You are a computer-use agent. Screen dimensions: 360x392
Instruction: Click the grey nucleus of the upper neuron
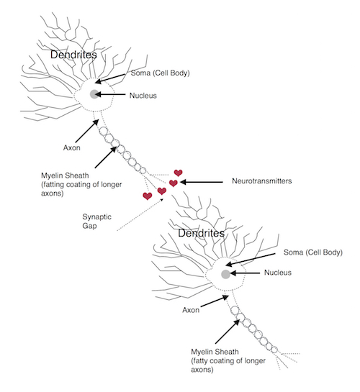click(94, 94)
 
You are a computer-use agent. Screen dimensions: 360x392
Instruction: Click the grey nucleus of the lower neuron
click(225, 274)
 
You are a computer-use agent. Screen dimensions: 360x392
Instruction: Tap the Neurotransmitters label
click(261, 181)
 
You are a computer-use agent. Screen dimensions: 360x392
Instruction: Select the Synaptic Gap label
click(96, 222)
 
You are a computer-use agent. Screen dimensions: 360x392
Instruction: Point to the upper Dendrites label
click(73, 55)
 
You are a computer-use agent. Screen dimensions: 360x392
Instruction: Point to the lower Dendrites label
click(201, 233)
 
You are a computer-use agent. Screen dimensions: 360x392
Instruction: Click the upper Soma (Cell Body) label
click(160, 73)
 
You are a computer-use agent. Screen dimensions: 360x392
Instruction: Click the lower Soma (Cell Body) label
click(313, 252)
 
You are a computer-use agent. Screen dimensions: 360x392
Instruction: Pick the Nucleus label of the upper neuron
click(143, 96)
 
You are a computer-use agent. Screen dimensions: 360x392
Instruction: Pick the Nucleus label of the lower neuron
click(278, 273)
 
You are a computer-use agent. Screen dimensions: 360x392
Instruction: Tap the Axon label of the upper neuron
click(72, 147)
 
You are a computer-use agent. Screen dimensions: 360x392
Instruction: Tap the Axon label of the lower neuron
click(191, 310)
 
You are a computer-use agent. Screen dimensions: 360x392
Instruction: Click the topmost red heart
click(178, 173)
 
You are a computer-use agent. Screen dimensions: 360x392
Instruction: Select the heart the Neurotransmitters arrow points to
click(174, 183)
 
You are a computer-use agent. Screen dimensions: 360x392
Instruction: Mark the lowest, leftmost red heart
click(148, 196)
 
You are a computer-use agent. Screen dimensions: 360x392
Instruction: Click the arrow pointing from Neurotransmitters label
click(202, 182)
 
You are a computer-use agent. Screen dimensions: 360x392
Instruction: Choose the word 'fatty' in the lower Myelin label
click(201, 361)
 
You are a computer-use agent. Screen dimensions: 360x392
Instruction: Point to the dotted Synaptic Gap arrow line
click(140, 214)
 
